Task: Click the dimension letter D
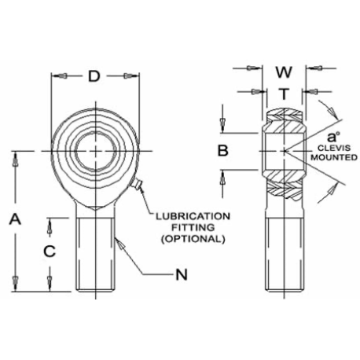(x=94, y=76)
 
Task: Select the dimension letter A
(x=15, y=219)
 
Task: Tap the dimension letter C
(x=50, y=252)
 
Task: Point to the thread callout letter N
(x=182, y=275)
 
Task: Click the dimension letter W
(x=284, y=72)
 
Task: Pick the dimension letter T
(x=284, y=94)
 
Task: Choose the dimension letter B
(x=223, y=151)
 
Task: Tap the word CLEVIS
(x=334, y=148)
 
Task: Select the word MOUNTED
(x=334, y=157)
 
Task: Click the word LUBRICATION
(x=193, y=216)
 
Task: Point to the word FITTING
(x=193, y=227)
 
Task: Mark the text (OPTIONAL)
(x=193, y=239)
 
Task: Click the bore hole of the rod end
(x=96, y=151)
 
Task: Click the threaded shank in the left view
(x=96, y=254)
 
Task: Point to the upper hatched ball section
(x=285, y=121)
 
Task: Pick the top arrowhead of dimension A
(x=15, y=159)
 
